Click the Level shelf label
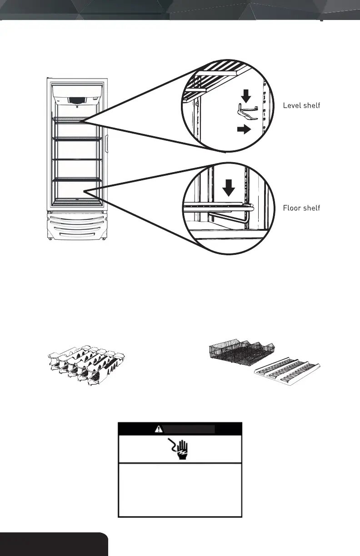[301, 105]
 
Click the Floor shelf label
[301, 208]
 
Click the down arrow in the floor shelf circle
[229, 186]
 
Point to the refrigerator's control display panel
[76, 100]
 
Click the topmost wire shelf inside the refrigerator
[76, 119]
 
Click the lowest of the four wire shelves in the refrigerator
[76, 180]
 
